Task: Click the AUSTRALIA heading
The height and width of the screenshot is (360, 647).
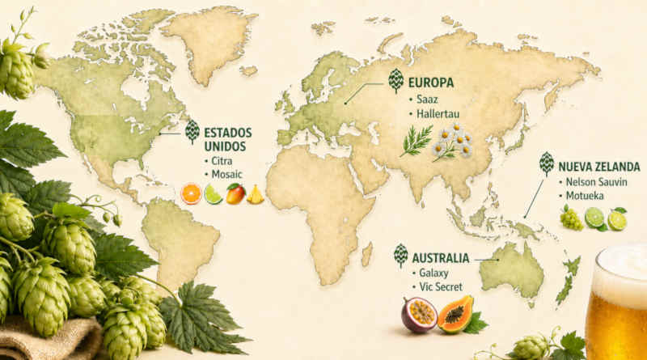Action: (x=441, y=258)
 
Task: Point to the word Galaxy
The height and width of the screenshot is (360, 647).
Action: (x=434, y=273)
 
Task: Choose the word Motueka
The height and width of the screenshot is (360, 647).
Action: (x=587, y=196)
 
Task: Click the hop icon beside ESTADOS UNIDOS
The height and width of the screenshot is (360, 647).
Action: (x=192, y=131)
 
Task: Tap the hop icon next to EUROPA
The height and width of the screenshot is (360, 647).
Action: (x=396, y=81)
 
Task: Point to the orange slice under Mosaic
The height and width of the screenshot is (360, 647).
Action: (x=192, y=194)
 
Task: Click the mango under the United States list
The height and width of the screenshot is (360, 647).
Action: (x=235, y=194)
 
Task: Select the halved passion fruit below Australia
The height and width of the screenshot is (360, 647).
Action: (x=419, y=315)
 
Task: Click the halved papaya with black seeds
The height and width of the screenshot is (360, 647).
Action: (x=455, y=313)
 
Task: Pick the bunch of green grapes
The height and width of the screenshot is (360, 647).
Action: (x=571, y=216)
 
